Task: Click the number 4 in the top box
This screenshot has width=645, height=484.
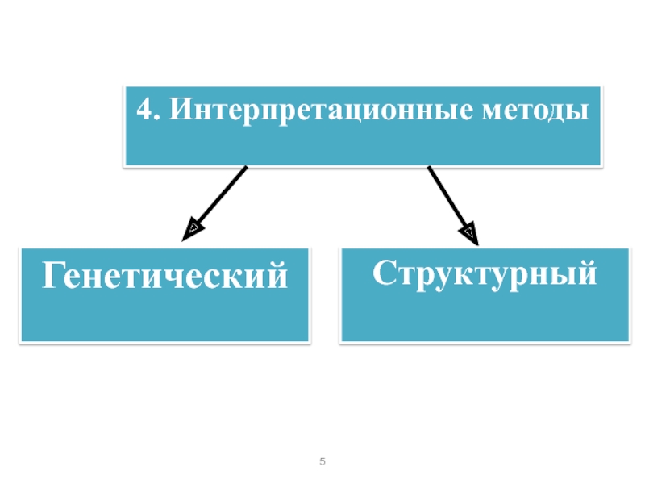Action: pyautogui.click(x=143, y=110)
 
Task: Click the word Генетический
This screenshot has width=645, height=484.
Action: pyautogui.click(x=165, y=277)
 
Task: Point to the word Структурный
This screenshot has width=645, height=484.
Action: pyautogui.click(x=485, y=273)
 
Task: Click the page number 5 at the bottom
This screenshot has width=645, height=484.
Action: pyautogui.click(x=322, y=462)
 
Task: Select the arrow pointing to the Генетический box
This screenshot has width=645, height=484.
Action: pyautogui.click(x=216, y=202)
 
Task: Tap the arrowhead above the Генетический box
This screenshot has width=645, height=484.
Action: pyautogui.click(x=192, y=231)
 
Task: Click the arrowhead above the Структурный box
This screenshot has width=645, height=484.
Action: pyautogui.click(x=470, y=235)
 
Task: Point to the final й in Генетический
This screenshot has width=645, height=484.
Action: pyautogui.click(x=277, y=275)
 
